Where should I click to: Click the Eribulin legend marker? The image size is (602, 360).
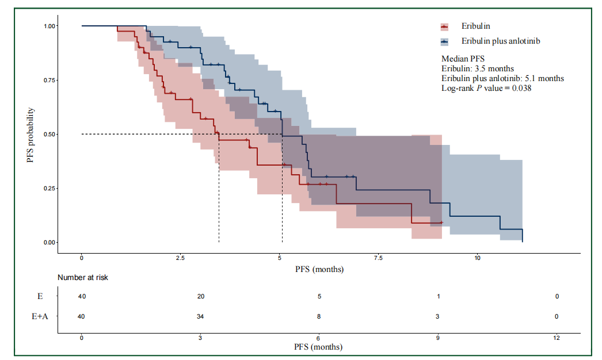pyautogui.click(x=444, y=26)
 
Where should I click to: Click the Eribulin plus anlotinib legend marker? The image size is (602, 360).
pyautogui.click(x=444, y=41)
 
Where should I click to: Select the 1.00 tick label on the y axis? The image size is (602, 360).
pyautogui.click(x=49, y=26)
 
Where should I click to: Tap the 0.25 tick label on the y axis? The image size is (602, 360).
pyautogui.click(x=49, y=188)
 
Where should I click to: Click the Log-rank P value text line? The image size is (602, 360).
pyautogui.click(x=486, y=88)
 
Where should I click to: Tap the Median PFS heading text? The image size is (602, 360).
pyautogui.click(x=463, y=59)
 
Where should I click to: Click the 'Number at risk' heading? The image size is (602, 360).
pyautogui.click(x=83, y=277)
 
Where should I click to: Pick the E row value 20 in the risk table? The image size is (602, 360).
pyautogui.click(x=200, y=296)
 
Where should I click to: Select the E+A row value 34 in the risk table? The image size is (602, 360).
pyautogui.click(x=200, y=316)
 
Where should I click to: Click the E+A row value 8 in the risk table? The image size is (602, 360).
pyautogui.click(x=319, y=316)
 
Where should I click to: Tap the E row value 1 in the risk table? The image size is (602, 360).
pyautogui.click(x=437, y=296)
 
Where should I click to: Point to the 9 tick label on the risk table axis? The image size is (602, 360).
pyautogui.click(x=437, y=338)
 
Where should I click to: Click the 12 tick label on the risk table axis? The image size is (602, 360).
pyautogui.click(x=556, y=338)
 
